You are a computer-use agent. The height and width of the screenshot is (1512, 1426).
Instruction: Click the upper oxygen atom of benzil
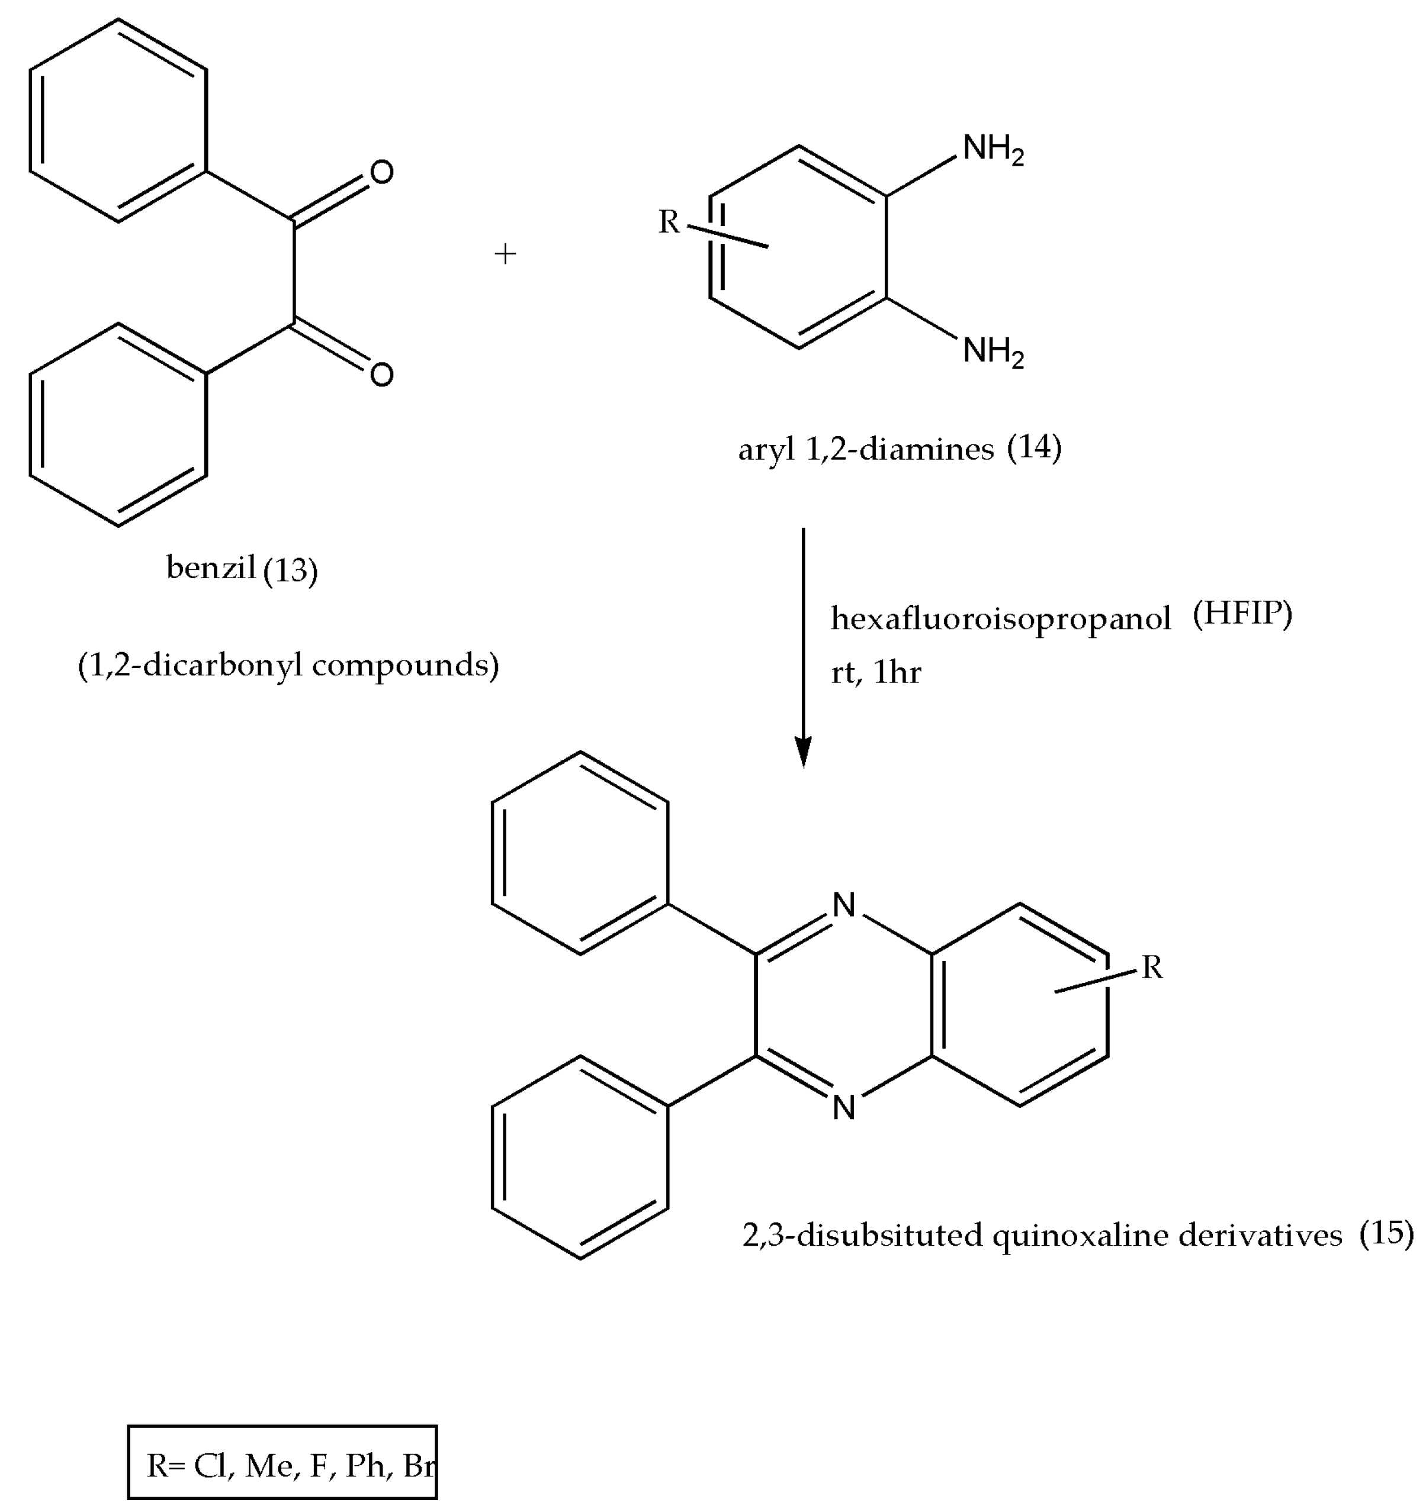pos(381,173)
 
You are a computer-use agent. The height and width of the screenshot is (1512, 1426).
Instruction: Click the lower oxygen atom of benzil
pos(381,374)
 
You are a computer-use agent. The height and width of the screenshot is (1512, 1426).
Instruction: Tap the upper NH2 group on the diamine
pos(993,149)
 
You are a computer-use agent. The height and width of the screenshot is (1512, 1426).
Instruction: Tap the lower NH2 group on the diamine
pos(993,352)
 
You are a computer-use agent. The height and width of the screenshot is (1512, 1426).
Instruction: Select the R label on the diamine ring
pos(668,222)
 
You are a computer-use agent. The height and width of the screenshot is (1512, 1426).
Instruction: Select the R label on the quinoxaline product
pos(1152,968)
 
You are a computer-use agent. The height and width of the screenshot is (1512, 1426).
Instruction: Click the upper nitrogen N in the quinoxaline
pos(844,905)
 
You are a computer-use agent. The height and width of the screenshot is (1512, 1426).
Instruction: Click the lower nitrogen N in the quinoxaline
pos(844,1107)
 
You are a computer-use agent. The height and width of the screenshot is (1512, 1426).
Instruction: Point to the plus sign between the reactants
pos(505,253)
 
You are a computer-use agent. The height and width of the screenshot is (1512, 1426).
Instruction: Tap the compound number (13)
pos(290,570)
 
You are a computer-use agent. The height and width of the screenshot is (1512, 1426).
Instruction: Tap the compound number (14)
pos(1034,447)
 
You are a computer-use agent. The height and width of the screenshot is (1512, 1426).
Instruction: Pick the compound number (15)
pos(1386,1233)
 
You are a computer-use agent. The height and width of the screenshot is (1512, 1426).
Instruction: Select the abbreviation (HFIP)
pos(1242,614)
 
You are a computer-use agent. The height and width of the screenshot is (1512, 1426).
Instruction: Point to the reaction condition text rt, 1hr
pos(876,672)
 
